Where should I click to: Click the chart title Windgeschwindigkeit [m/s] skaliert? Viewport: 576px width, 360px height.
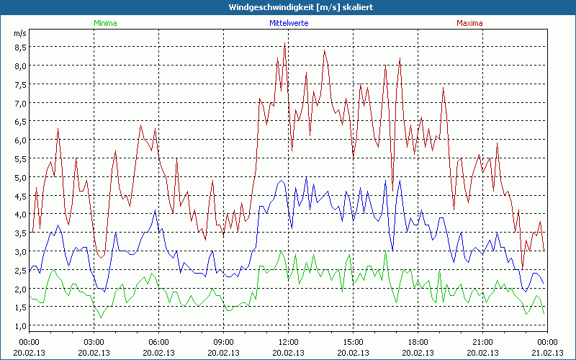(288, 7)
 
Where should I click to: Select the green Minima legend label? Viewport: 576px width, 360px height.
(105, 23)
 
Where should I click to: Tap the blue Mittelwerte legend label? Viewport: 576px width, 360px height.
(288, 23)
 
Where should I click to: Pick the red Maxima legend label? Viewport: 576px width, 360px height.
(469, 23)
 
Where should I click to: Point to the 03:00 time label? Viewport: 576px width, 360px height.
(94, 341)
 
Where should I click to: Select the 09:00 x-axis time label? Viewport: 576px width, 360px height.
(223, 341)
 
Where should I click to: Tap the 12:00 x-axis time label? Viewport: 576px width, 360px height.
(288, 341)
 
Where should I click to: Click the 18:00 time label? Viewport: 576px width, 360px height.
(418, 341)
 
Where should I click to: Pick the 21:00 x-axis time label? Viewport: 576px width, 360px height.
(482, 341)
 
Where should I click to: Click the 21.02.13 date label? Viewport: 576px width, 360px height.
(547, 352)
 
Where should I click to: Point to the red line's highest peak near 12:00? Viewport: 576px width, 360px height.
(284, 45)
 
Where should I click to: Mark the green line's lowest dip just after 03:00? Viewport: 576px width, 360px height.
(101, 317)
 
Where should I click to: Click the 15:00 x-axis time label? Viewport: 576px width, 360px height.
(353, 341)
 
